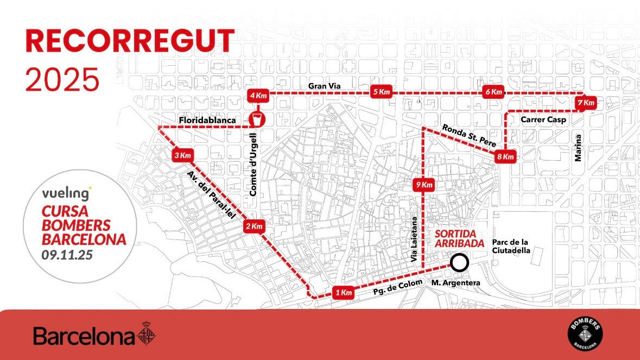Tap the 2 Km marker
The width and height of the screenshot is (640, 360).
point(254,226)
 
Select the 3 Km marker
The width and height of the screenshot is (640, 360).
point(182,156)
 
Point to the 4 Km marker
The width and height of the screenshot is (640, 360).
point(258,96)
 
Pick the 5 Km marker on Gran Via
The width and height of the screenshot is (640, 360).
point(382,92)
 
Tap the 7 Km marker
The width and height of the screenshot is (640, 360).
point(586,103)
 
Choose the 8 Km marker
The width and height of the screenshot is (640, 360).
point(505,156)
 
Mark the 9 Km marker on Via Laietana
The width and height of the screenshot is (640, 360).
point(423,185)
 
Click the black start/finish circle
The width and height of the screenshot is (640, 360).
point(460,263)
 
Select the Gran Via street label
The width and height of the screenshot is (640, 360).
point(324,86)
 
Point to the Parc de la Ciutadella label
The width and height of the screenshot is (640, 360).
point(511,246)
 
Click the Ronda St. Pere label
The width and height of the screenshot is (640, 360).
point(469,136)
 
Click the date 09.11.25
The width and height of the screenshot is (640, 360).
point(67,254)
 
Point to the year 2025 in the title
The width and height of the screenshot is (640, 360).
point(62,79)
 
